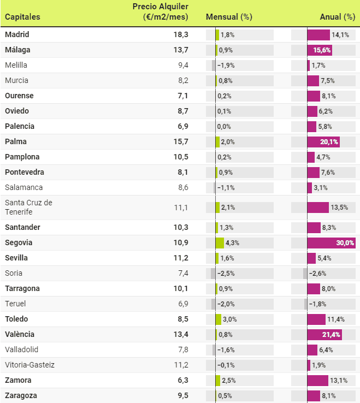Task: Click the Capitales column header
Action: point(22,17)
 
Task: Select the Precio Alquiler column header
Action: point(161,11)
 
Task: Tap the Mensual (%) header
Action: point(228,17)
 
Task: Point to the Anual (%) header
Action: point(338,17)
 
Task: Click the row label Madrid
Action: point(17,34)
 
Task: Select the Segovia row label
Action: point(19,242)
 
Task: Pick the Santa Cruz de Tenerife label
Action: point(28,208)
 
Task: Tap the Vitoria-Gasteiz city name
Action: point(29,365)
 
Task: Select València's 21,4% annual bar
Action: point(324,334)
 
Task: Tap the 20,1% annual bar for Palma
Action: point(323,141)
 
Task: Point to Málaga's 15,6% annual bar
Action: point(320,50)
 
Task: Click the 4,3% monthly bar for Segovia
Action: point(220,242)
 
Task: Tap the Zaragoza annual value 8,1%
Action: point(329,395)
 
